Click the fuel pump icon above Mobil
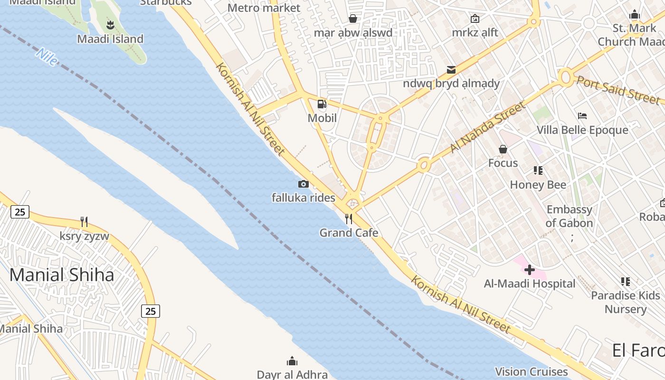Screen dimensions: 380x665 coord(322,104)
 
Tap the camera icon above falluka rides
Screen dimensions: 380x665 coord(304,184)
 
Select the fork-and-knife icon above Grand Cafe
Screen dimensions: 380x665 coord(349,219)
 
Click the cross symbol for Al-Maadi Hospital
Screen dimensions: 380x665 coord(529,270)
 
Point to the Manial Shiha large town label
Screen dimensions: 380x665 coord(62,275)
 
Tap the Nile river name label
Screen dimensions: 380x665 coord(47,57)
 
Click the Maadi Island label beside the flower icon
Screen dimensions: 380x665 coord(110,39)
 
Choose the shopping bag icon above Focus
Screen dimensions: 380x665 coord(503,150)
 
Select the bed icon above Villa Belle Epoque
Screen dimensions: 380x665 coord(582,116)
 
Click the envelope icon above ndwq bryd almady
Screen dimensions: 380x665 coord(451,70)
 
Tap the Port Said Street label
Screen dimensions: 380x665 coord(618,89)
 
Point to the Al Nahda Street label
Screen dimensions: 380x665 coord(488,127)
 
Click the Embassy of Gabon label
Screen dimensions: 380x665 coord(569,216)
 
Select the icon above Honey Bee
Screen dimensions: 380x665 coord(538,171)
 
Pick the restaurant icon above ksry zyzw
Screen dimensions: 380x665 coord(84,222)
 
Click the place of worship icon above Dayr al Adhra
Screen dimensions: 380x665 coord(292,361)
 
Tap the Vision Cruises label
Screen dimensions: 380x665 coord(531,371)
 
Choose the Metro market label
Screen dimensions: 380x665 coord(264,8)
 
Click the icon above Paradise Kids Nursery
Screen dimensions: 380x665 coord(626,282)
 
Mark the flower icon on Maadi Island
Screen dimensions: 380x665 coord(110,24)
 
